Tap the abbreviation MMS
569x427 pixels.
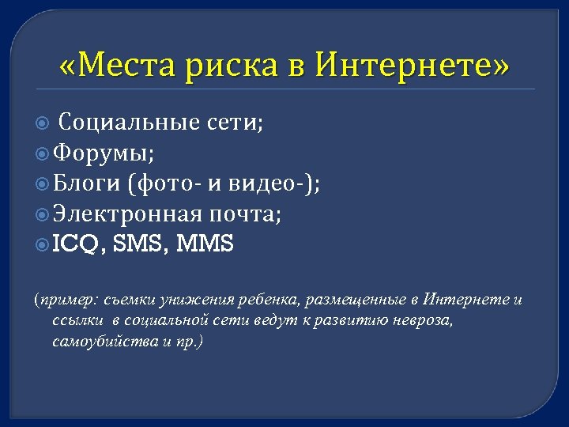click(x=205, y=244)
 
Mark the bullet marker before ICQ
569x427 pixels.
click(x=43, y=245)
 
